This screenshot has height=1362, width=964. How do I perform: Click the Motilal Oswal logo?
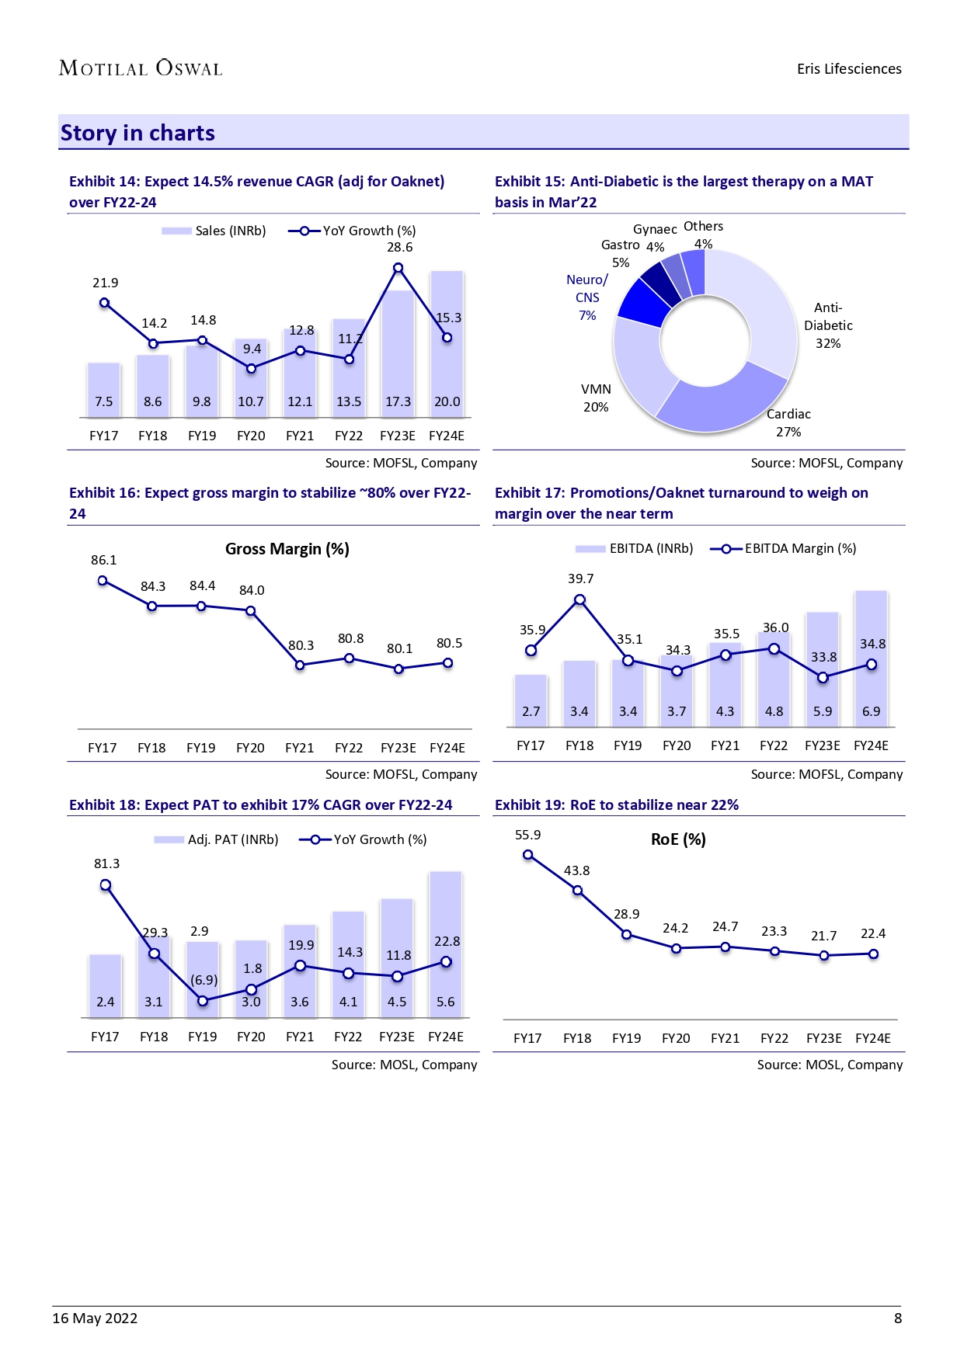141,68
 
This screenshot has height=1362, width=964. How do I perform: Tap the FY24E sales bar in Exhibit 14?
447,342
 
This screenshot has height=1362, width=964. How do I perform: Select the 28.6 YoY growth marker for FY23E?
398,268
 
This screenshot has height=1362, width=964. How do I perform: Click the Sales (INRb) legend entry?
214,231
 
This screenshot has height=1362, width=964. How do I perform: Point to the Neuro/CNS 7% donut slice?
643,301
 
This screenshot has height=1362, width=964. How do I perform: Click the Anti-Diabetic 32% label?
828,325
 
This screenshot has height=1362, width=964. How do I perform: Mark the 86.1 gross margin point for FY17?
103,581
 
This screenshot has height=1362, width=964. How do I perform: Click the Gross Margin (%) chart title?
287,549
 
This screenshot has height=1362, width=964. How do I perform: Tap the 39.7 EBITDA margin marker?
579,599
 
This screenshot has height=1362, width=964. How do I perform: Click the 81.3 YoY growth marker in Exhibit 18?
106,885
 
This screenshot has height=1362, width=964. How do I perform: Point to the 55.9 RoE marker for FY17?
528,855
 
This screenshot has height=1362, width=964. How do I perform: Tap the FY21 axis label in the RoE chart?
725,1038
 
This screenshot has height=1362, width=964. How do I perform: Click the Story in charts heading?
137,133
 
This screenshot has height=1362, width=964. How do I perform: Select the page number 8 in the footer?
898,1318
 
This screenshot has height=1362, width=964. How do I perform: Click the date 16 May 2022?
95,1318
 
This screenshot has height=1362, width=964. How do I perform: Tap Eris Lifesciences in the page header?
849,69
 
